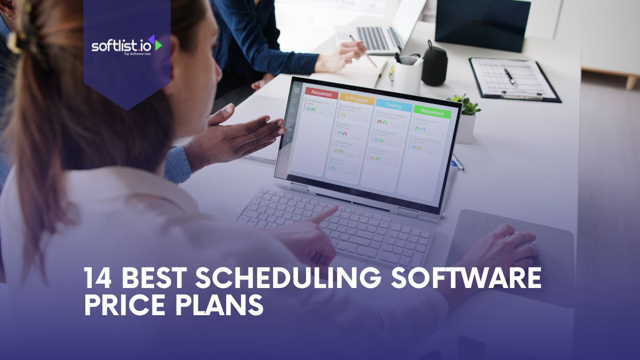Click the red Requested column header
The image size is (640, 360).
coord(321,94)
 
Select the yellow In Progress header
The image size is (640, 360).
coord(356,99)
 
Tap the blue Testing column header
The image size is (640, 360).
coord(393,106)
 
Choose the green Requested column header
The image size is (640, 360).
coord(431,113)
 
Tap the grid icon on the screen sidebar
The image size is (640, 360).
coord(297,90)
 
